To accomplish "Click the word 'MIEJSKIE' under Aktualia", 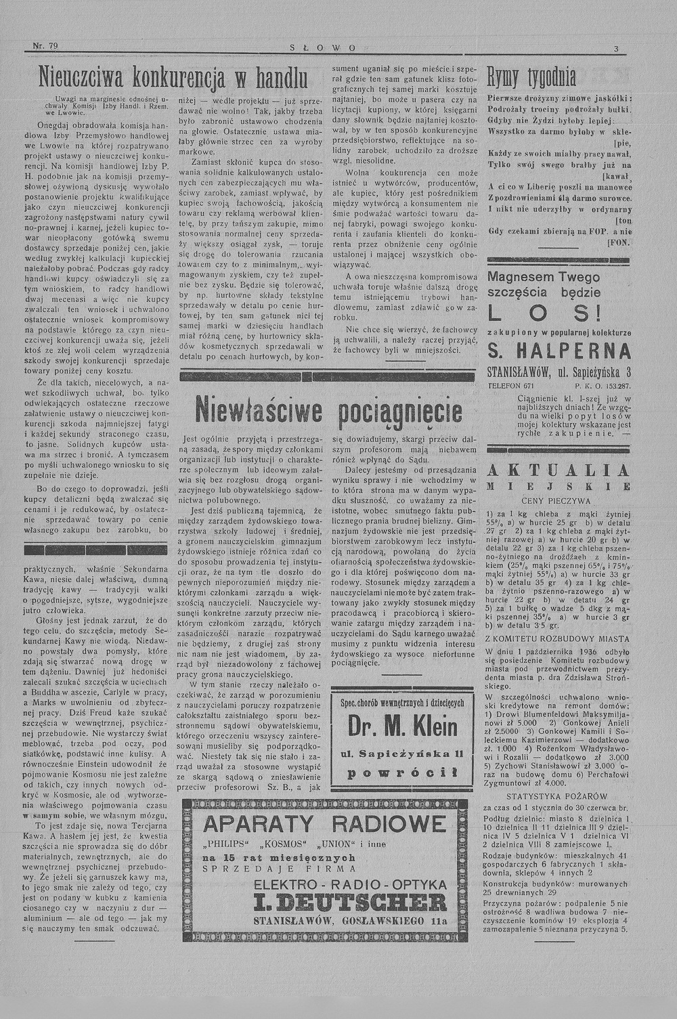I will tap(559, 486).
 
